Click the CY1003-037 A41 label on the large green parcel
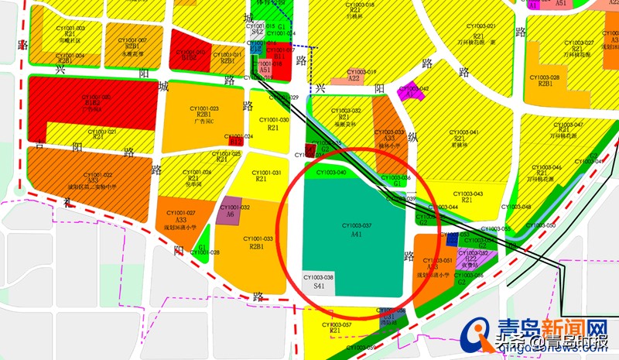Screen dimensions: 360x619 click(356, 229)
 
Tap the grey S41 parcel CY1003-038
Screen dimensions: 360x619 click(318, 282)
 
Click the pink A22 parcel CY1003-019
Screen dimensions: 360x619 click(354, 78)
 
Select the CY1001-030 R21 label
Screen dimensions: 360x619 click(273, 124)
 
